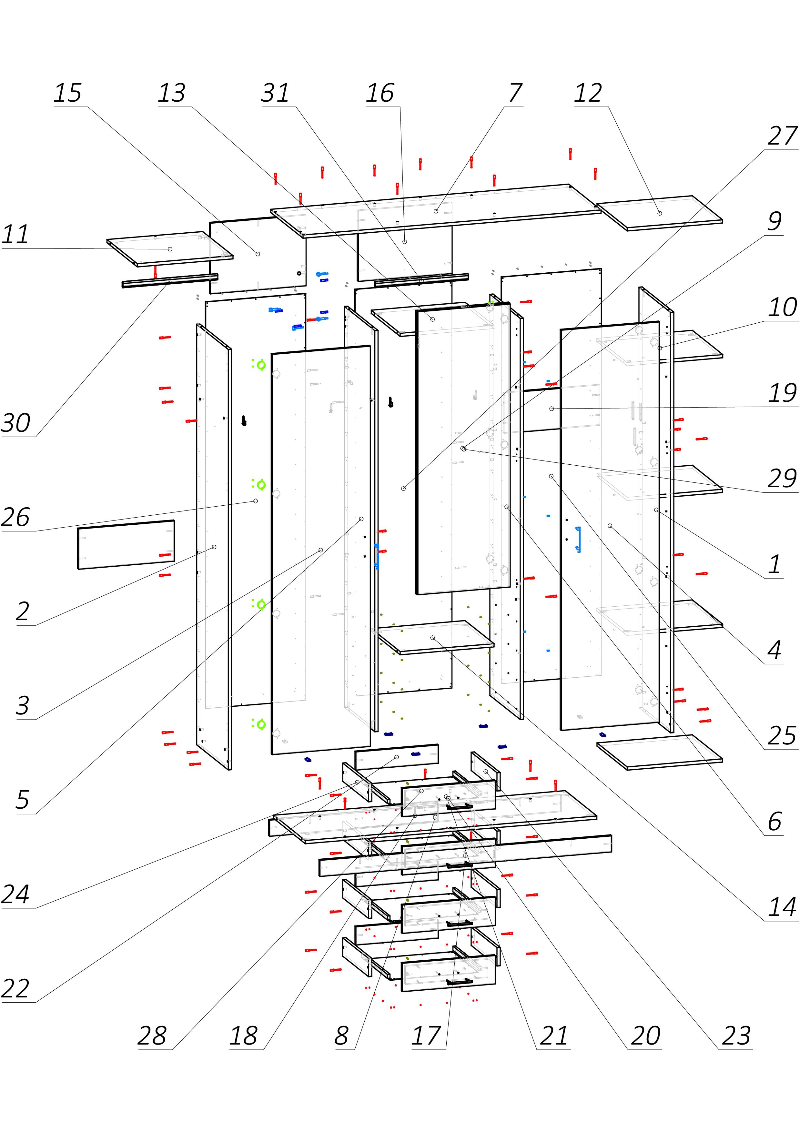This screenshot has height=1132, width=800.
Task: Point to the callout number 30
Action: point(16,423)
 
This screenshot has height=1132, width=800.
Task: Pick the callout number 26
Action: point(16,517)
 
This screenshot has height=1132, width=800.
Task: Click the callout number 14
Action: point(782,907)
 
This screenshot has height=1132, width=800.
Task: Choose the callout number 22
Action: point(16,988)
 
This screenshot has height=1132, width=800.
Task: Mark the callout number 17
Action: point(426,1036)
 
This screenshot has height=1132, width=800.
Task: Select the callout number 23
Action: point(736,1036)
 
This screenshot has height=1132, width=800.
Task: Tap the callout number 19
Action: point(782,393)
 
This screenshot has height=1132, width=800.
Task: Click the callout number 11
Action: point(15,234)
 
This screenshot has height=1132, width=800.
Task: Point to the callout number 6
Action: point(775,821)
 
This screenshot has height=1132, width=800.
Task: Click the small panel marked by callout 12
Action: point(660,213)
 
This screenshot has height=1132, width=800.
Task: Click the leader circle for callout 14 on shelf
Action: point(433,638)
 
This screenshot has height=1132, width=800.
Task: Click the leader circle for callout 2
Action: point(214,547)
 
